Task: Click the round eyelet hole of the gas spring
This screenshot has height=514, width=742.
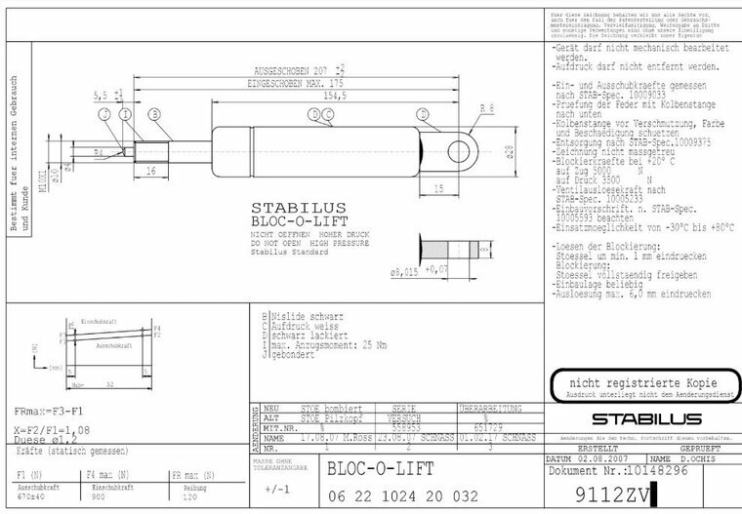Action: pos(461,148)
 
